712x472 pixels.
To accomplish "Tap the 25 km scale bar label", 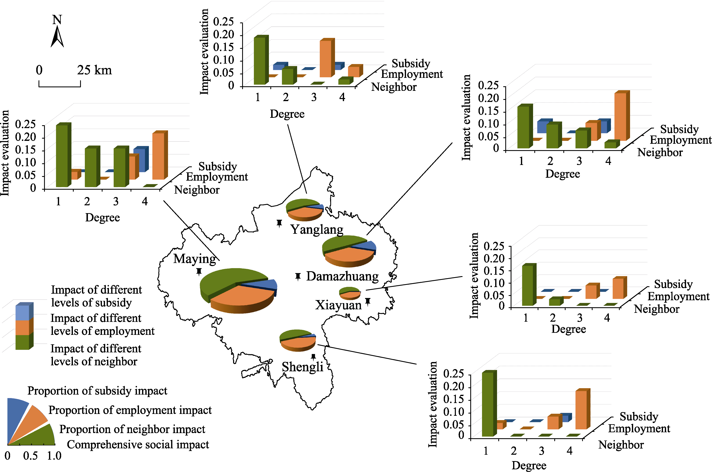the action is coord(94,70).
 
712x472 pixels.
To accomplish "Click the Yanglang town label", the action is coord(317,230).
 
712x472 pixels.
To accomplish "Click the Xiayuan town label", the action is coord(338,305).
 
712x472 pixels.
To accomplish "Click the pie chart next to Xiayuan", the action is coord(350,293).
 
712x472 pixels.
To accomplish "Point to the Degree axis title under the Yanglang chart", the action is coord(287,114).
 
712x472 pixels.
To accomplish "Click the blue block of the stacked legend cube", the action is coord(24,311).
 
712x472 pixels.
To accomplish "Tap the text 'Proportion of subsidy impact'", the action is coord(97,391).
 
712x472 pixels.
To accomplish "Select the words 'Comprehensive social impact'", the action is coord(138,445).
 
